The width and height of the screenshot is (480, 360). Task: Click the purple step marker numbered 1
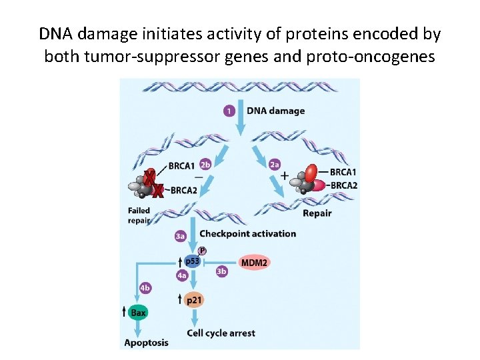coord(229,110)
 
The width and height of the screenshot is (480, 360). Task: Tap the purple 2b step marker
coord(205,165)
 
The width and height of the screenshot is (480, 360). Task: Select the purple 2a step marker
coord(274,164)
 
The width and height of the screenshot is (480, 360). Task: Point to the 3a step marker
coord(181,235)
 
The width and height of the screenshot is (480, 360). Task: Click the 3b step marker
coord(222,271)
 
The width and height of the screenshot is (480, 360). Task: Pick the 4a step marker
coord(181,275)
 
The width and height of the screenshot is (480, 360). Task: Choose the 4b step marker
coord(145,288)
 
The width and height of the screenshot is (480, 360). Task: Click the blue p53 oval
coord(193,262)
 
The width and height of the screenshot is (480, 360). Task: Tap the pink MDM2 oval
coord(254,263)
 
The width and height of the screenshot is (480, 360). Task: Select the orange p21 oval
coord(193,300)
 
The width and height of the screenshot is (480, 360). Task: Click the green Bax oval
coord(138,312)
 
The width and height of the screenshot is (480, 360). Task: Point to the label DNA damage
coord(275,111)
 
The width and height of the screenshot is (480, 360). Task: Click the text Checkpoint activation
coord(247,233)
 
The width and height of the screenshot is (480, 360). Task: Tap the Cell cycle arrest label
coord(221,333)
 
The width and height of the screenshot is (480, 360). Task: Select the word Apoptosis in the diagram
coord(146,343)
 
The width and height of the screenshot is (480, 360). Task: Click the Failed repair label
coord(139,216)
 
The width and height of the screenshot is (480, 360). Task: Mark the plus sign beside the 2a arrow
coord(285,176)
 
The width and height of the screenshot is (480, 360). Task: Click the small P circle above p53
coord(201,250)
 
